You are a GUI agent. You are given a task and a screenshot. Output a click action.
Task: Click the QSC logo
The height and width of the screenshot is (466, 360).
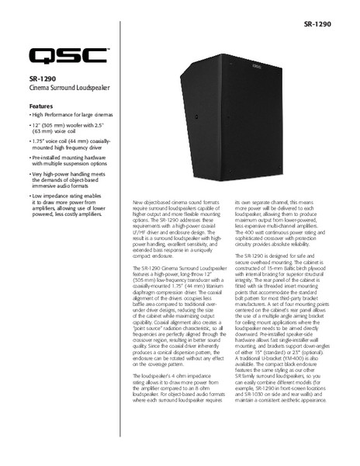click(x=69, y=57)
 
